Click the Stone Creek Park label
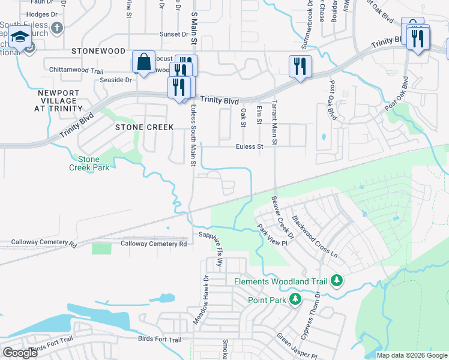(93, 163)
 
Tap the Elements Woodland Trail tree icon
(337, 280)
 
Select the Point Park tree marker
(295, 299)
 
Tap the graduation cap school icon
(20, 38)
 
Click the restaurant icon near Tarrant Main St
(299, 65)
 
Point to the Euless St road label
(250, 146)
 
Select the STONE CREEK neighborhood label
(144, 127)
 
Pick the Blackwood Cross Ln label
(315, 237)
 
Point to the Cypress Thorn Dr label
(322, 313)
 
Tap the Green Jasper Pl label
(296, 347)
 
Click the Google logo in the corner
(20, 353)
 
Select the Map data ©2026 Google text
(411, 355)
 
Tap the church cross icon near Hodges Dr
(57, 28)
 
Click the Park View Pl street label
(269, 236)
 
